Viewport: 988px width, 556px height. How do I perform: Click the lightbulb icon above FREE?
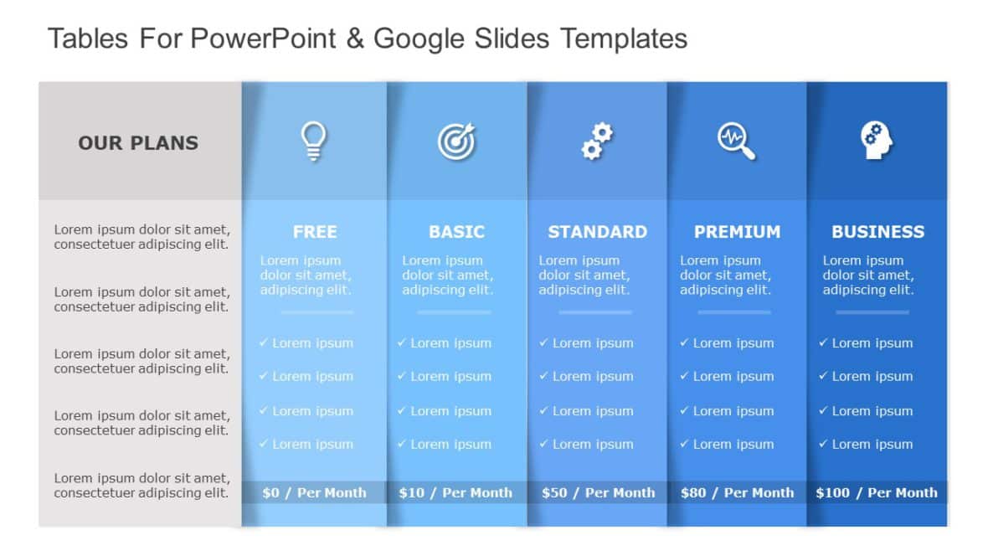pyautogui.click(x=314, y=141)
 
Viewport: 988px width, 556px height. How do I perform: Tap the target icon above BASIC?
pyautogui.click(x=456, y=141)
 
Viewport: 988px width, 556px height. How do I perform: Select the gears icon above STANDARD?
pyautogui.click(x=597, y=141)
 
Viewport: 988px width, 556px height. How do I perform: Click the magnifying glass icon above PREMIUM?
pyautogui.click(x=737, y=141)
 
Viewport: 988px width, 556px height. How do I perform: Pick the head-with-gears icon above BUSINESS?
pyautogui.click(x=877, y=141)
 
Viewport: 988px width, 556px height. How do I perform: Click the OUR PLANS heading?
pyautogui.click(x=138, y=143)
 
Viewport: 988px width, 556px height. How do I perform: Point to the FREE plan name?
pyautogui.click(x=315, y=232)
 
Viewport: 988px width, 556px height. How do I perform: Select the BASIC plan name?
pyautogui.click(x=456, y=232)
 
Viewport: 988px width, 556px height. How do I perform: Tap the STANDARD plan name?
pyautogui.click(x=597, y=232)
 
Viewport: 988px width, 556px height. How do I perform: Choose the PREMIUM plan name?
pyautogui.click(x=737, y=232)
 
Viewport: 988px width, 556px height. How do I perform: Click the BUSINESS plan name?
pyautogui.click(x=877, y=232)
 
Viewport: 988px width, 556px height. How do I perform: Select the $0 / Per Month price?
pyautogui.click(x=314, y=492)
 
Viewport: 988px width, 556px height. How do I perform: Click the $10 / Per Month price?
pyautogui.click(x=455, y=492)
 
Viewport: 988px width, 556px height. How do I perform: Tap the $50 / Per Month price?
pyautogui.click(x=598, y=492)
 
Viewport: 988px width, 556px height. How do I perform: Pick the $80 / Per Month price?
pyautogui.click(x=737, y=492)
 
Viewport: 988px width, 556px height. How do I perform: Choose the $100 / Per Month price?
pyautogui.click(x=877, y=492)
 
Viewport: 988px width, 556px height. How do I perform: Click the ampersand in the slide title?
pyautogui.click(x=354, y=39)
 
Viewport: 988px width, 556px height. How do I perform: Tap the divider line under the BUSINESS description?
pyautogui.click(x=872, y=312)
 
